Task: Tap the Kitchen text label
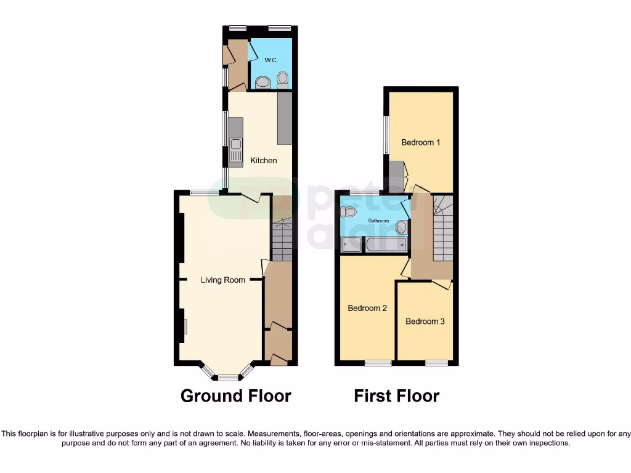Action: (263, 160)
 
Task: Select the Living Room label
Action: (222, 280)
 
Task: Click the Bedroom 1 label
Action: (420, 142)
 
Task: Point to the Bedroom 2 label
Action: (367, 308)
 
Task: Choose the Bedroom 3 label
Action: (425, 321)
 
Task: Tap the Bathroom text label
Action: (378, 220)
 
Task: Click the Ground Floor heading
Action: (235, 395)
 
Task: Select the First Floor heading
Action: (396, 395)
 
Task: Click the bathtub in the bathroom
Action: (386, 245)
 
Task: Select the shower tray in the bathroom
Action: (351, 245)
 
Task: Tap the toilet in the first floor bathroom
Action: (349, 211)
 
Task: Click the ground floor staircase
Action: (282, 241)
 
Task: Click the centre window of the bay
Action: (227, 377)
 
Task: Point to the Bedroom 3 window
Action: (436, 363)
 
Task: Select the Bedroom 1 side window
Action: (386, 135)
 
